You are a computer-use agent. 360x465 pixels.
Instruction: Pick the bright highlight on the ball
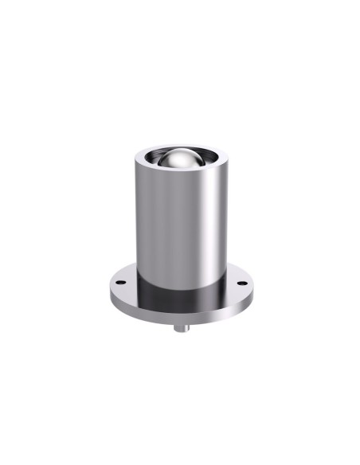[177, 154]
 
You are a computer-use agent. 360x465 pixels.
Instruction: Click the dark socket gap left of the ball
[151, 162]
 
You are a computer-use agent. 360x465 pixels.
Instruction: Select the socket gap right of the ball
[208, 162]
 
